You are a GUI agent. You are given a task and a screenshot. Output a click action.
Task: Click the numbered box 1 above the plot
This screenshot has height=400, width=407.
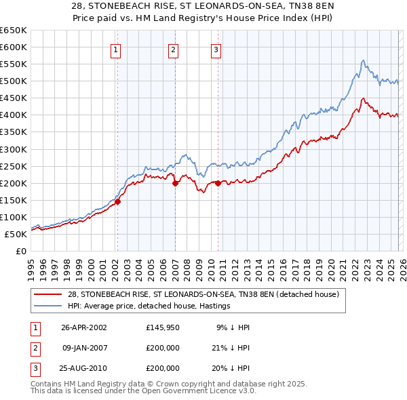click(116, 49)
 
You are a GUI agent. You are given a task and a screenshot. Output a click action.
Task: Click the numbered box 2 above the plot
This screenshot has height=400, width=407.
click(173, 49)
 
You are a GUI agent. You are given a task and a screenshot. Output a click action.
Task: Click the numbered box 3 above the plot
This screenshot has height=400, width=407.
click(216, 49)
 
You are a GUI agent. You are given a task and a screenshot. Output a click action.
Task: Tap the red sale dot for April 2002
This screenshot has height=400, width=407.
click(117, 201)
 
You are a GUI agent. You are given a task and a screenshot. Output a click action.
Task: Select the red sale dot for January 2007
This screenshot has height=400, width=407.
click(175, 182)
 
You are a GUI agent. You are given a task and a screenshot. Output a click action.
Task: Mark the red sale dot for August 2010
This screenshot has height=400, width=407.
click(218, 182)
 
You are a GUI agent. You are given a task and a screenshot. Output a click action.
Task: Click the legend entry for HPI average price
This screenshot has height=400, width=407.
click(149, 306)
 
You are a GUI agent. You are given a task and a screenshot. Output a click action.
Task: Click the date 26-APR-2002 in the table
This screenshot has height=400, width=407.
click(84, 327)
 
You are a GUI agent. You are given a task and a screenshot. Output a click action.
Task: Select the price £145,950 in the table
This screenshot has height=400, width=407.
click(163, 327)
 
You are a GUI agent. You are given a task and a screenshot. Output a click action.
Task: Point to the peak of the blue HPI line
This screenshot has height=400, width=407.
click(363, 60)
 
